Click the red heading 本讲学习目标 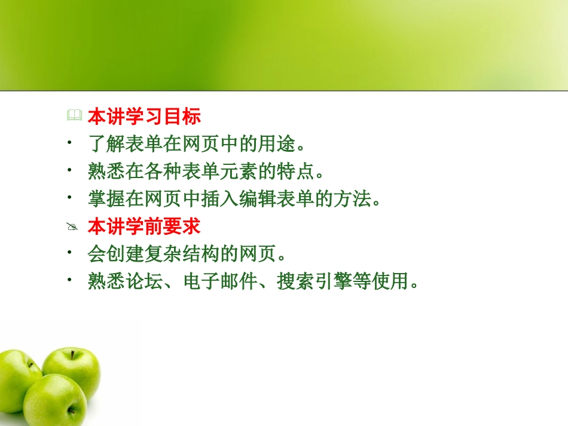pos(144,117)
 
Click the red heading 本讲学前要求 pos(144,227)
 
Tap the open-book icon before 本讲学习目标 pos(74,117)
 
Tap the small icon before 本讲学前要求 pos(73,228)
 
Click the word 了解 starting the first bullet pos(106,145)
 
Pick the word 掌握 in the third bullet pos(106,200)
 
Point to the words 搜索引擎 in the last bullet pos(314,282)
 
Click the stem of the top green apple pos(73,354)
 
